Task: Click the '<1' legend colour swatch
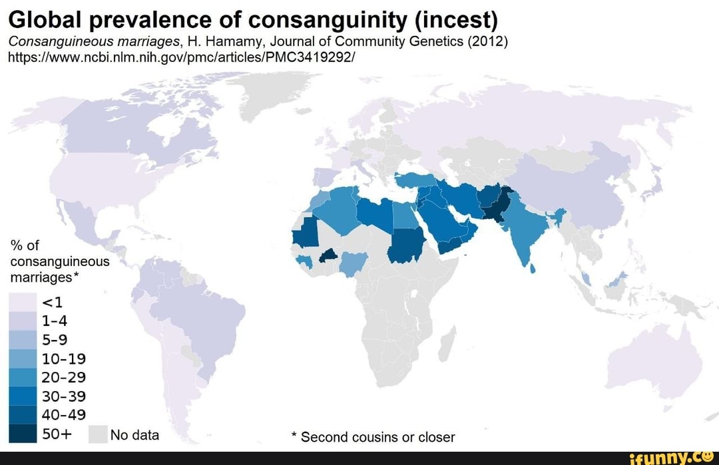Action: (x=23, y=303)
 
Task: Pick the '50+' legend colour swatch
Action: (x=23, y=434)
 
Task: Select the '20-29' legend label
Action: (x=64, y=378)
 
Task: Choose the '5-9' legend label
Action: (x=57, y=341)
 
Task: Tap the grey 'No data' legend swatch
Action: (x=97, y=434)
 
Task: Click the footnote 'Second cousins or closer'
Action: (x=377, y=437)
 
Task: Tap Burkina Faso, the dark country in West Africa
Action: (x=326, y=256)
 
